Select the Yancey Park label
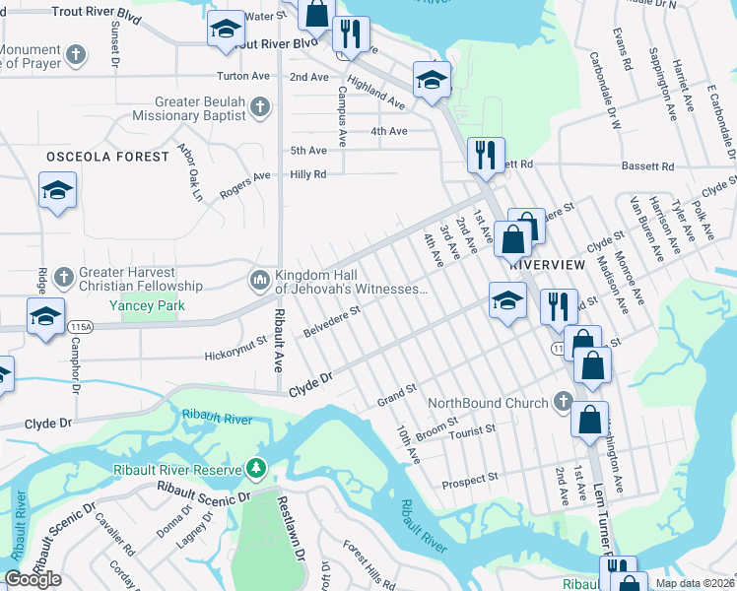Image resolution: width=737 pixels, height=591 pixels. (x=148, y=306)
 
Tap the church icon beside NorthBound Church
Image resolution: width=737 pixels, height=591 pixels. (x=563, y=402)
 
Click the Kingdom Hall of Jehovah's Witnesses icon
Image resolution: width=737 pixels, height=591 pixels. (x=260, y=281)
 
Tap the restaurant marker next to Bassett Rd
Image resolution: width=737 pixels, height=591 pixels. (x=485, y=156)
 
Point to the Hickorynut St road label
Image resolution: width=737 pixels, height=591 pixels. (x=236, y=348)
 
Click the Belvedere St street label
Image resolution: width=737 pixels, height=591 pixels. (x=332, y=321)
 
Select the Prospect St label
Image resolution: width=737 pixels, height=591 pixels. (x=471, y=480)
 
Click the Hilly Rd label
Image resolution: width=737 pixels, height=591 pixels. (x=306, y=173)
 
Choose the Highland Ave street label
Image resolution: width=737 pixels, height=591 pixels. (x=376, y=96)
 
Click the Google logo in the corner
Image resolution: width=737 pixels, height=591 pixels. (x=33, y=579)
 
